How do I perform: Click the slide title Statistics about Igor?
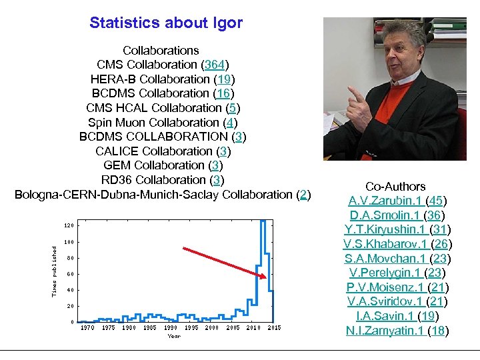point(166,23)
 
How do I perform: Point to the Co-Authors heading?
point(396,187)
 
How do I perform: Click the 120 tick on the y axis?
point(69,225)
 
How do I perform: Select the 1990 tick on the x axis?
point(171,327)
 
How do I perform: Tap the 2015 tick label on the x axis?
point(274,327)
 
